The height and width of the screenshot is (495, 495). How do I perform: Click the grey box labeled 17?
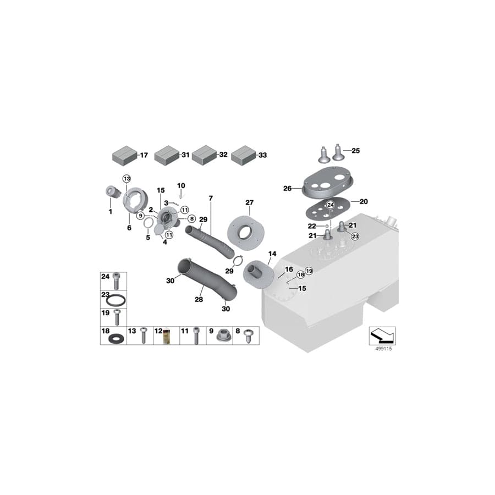pos(124,155)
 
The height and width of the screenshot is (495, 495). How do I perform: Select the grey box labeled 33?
pos(243,155)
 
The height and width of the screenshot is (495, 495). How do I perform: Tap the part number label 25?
pos(355,151)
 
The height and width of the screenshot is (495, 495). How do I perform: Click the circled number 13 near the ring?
pos(127,179)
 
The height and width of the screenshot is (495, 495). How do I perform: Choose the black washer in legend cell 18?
pos(116,337)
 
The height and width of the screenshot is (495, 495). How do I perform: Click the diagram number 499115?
pos(382,349)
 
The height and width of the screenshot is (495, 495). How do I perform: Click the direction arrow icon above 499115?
pos(382,334)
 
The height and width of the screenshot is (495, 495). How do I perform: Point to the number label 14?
pos(272,254)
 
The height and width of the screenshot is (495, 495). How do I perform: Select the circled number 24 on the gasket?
pos(331,205)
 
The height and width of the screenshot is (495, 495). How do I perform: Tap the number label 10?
pos(182,185)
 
